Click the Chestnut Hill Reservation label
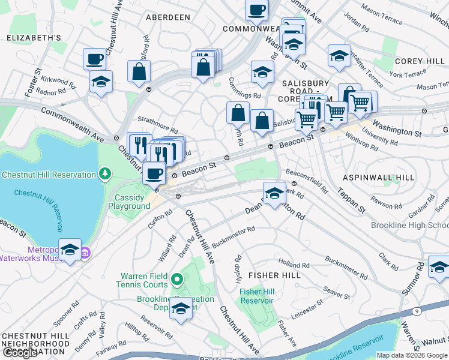(49, 175)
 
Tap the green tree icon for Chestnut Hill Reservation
(106, 175)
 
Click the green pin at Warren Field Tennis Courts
(177, 279)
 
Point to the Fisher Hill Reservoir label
(257, 296)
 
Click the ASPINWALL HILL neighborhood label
(378, 178)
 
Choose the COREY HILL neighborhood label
(418, 62)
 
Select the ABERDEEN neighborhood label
(167, 18)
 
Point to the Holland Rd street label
(294, 263)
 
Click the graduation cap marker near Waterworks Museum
(70, 250)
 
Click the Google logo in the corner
(20, 353)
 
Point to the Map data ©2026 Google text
(412, 355)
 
